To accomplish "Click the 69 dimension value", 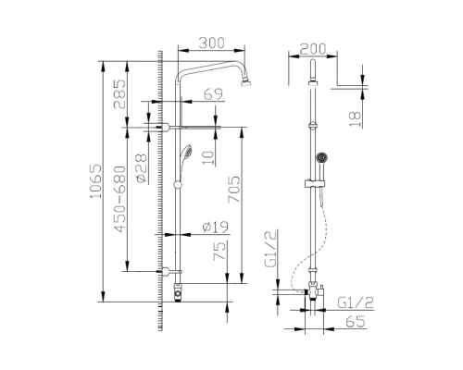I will [214, 94].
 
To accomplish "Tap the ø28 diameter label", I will [143, 168].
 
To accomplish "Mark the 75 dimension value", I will [219, 253].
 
